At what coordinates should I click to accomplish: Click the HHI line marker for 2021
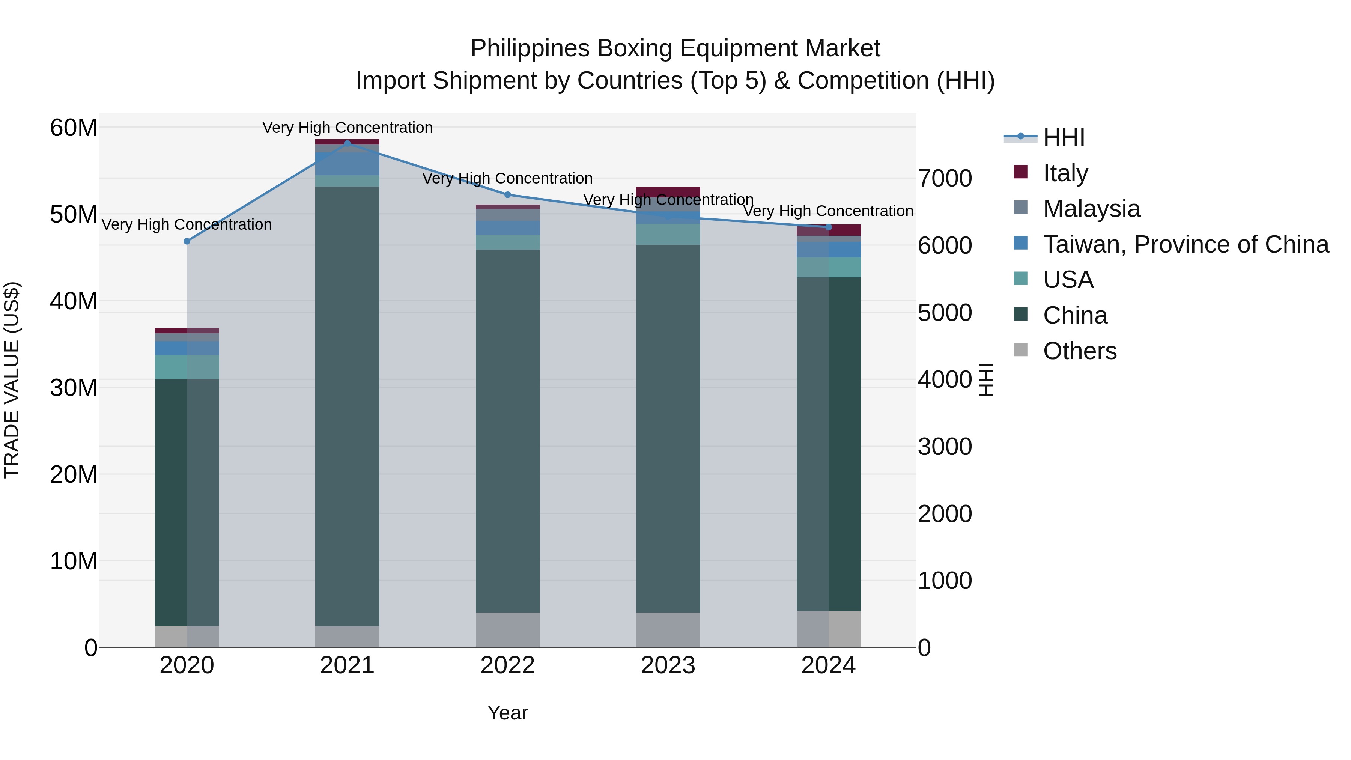tap(347, 143)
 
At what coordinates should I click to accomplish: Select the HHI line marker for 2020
tap(187, 241)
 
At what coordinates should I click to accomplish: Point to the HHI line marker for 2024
tap(829, 227)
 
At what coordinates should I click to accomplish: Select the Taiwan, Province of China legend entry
tap(1185, 244)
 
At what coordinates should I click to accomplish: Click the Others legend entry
tap(1079, 351)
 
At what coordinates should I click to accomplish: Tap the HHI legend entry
tap(1064, 137)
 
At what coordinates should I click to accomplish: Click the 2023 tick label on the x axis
tap(668, 665)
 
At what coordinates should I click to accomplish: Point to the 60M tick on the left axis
tap(74, 128)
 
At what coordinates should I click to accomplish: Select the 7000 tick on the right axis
tap(945, 178)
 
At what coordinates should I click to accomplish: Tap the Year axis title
tap(508, 713)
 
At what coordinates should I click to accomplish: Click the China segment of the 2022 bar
tap(508, 430)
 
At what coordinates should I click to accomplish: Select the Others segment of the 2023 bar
tap(668, 629)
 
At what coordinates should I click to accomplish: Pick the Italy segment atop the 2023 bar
tap(668, 191)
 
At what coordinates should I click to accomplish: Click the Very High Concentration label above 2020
tap(187, 224)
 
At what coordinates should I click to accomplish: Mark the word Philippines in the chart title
tap(530, 48)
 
